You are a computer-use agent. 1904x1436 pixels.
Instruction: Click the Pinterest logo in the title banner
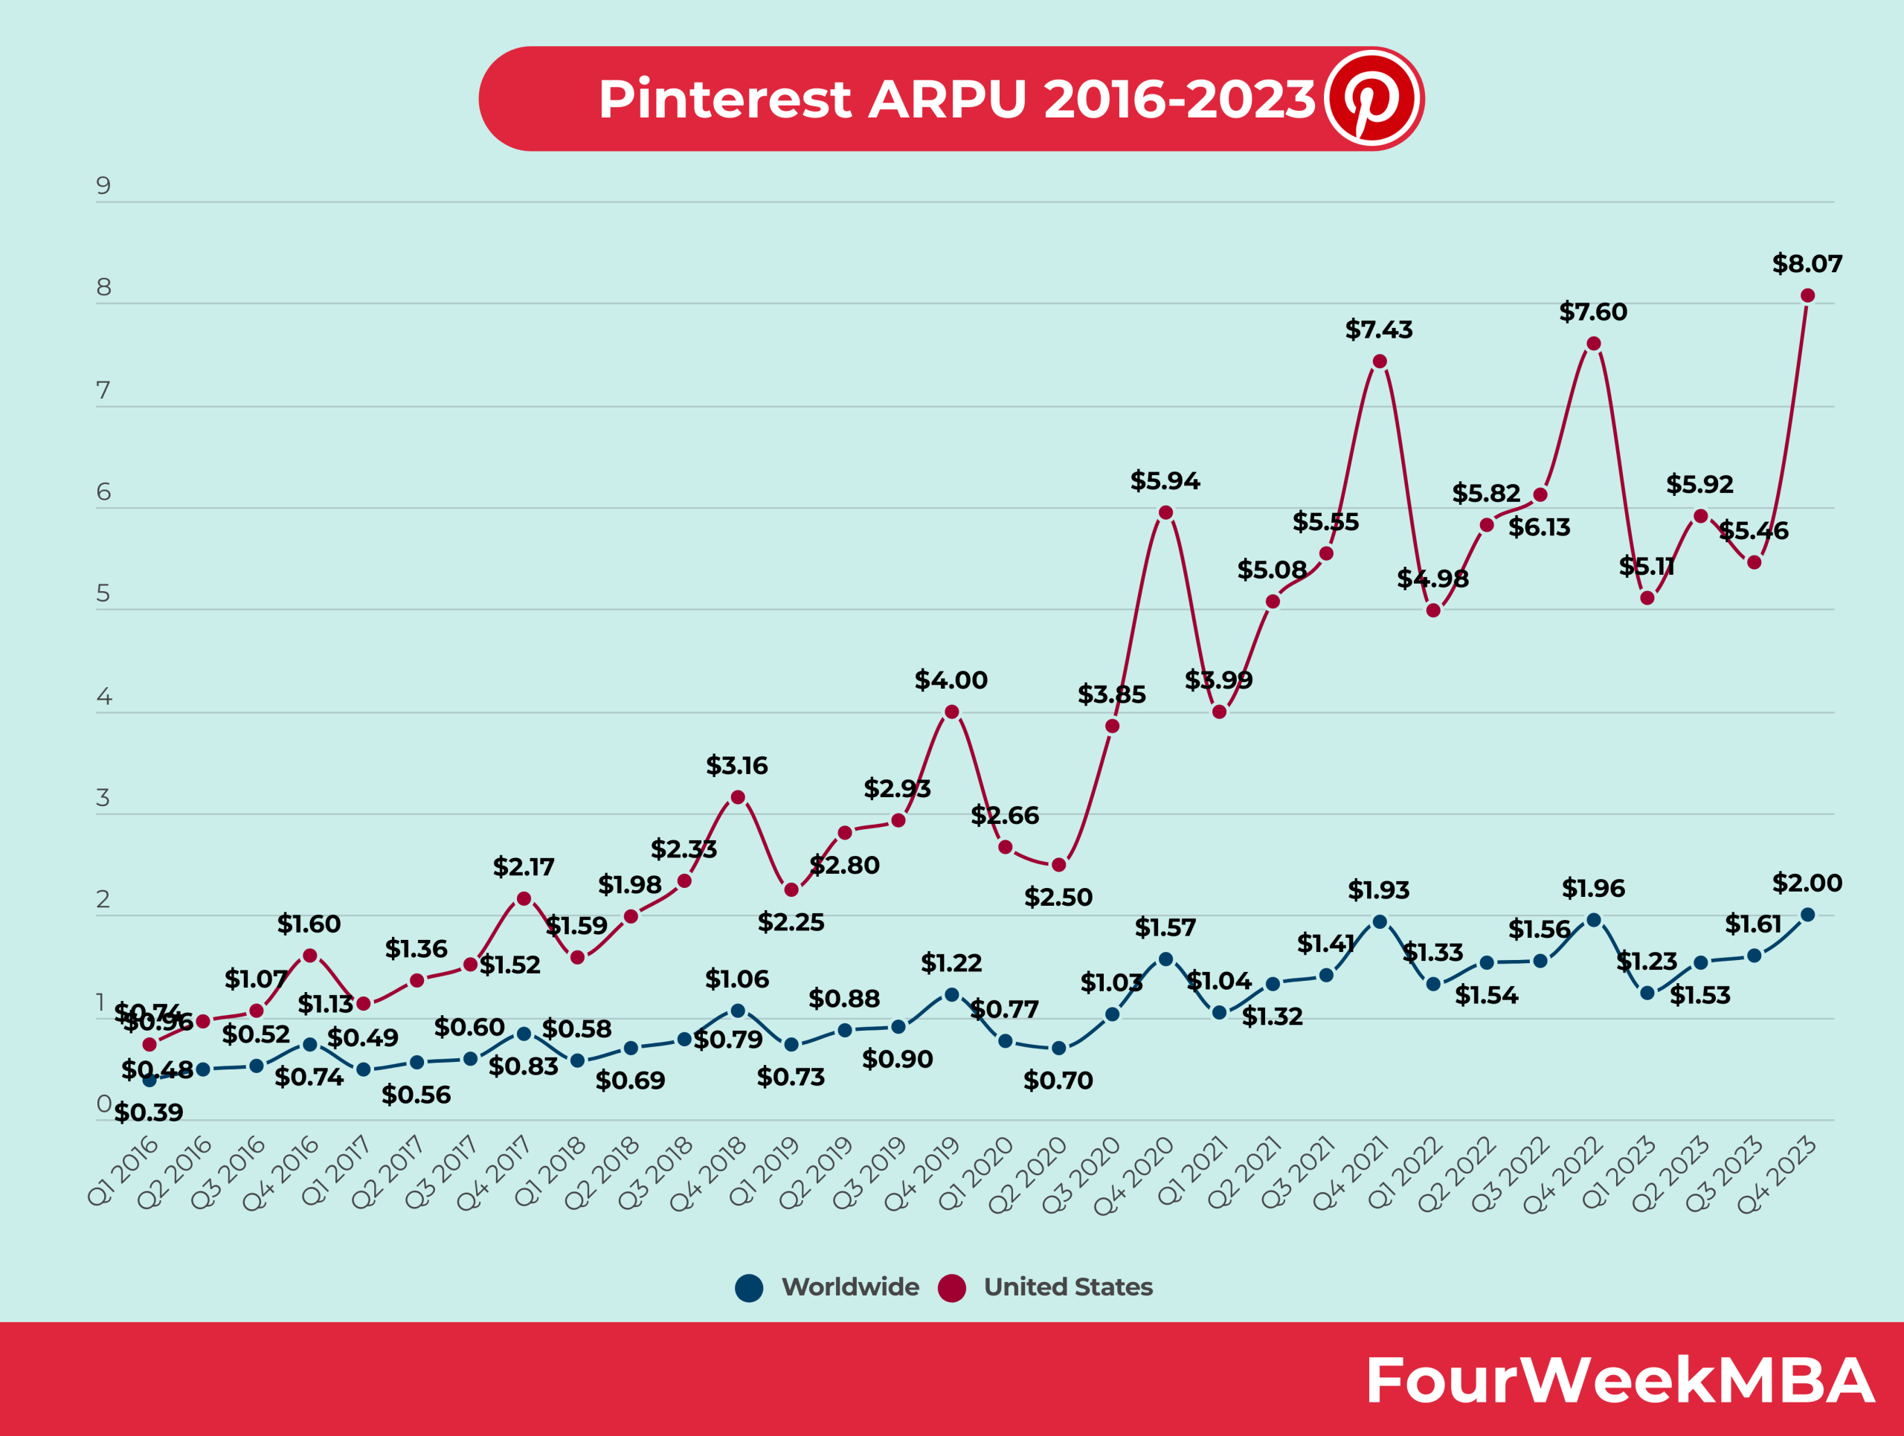pyautogui.click(x=1372, y=98)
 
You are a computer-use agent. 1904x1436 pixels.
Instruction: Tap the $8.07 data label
pyautogui.click(x=1807, y=264)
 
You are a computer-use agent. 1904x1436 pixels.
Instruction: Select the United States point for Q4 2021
pyautogui.click(x=1380, y=361)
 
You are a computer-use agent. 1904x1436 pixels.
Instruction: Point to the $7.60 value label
pyautogui.click(x=1592, y=312)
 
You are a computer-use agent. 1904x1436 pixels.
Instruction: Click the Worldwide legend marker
pyautogui.click(x=749, y=1288)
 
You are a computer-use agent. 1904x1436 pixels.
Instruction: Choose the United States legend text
pyautogui.click(x=1067, y=1287)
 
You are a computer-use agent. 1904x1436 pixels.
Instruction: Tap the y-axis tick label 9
pyautogui.click(x=103, y=186)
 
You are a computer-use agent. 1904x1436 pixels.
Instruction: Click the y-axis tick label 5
pyautogui.click(x=103, y=593)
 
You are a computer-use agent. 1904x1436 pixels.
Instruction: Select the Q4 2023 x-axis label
pyautogui.click(x=1777, y=1173)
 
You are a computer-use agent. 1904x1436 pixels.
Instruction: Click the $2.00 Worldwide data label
pyautogui.click(x=1807, y=883)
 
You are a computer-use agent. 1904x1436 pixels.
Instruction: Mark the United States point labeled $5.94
pyautogui.click(x=1165, y=513)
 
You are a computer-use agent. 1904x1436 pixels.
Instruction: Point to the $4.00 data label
pyautogui.click(x=951, y=680)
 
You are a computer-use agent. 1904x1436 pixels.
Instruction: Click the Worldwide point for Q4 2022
pyautogui.click(x=1593, y=920)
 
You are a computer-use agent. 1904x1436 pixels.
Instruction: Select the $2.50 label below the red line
pyautogui.click(x=1058, y=898)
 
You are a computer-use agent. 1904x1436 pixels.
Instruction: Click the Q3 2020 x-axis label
pyautogui.click(x=1081, y=1173)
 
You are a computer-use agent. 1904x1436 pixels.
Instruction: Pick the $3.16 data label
pyautogui.click(x=736, y=766)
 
